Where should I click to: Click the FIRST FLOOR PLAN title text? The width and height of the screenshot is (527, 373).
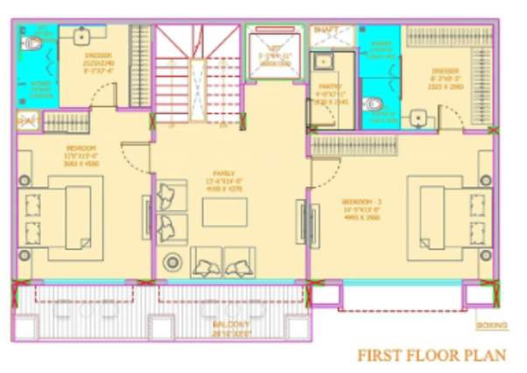(432, 355)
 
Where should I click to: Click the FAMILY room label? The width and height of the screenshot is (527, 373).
(230, 172)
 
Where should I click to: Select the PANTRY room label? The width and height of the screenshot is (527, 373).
(330, 87)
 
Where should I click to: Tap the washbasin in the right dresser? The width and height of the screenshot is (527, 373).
(419, 117)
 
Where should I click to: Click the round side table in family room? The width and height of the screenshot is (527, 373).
(172, 260)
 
